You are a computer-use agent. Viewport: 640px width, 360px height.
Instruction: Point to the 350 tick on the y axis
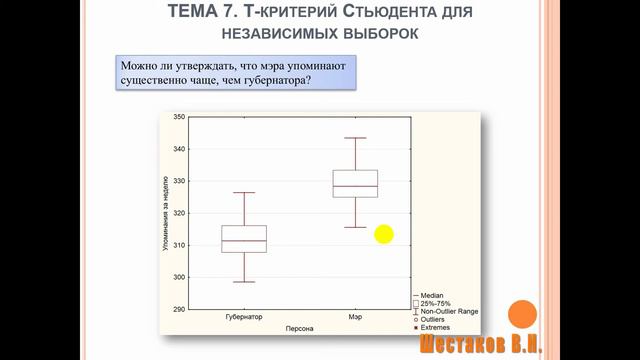point(179,117)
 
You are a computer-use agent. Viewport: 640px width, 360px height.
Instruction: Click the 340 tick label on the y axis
point(179,149)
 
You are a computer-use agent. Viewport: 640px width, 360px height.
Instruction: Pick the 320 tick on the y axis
point(179,213)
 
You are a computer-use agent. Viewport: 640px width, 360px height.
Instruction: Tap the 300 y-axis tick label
point(179,277)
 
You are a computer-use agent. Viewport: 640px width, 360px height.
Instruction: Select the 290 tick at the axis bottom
point(179,309)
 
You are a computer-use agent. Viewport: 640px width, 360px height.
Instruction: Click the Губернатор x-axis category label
point(244,317)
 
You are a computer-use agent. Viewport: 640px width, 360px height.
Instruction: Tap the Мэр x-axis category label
point(355,317)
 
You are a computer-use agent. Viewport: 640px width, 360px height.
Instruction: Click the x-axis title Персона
point(299,328)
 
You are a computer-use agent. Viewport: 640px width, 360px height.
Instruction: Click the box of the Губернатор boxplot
point(244,239)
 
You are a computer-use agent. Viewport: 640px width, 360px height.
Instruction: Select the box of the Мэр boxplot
point(355,183)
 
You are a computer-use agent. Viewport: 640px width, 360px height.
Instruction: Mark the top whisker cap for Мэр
point(355,138)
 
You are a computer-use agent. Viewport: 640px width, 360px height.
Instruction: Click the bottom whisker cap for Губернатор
point(244,282)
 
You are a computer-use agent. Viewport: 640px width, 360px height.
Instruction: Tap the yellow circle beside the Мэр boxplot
point(384,235)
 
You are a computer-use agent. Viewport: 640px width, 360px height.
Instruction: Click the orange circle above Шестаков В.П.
point(522,314)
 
